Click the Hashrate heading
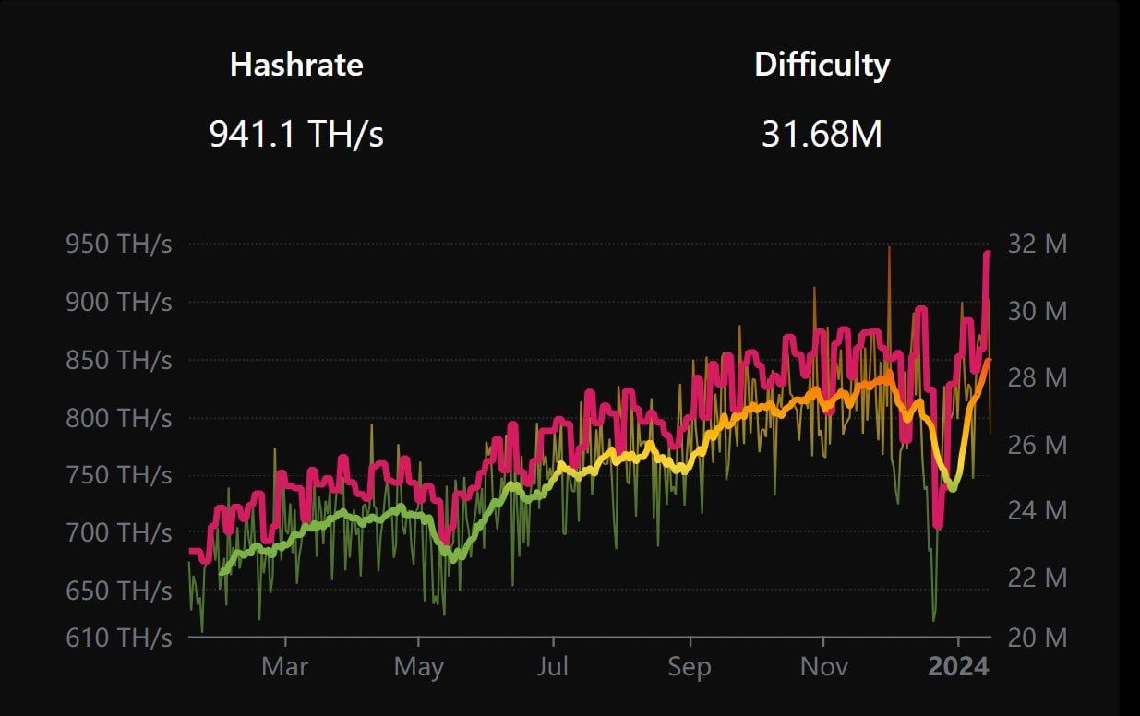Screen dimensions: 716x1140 click(x=296, y=65)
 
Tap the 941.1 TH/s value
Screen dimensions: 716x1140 click(x=296, y=135)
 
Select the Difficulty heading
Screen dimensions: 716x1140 click(x=822, y=65)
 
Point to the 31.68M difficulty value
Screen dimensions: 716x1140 click(x=822, y=135)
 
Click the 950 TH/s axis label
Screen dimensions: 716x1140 click(x=119, y=245)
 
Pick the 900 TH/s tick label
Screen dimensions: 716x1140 click(x=119, y=302)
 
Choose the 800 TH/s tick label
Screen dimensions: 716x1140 click(x=119, y=418)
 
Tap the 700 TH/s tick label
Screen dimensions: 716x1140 click(x=119, y=532)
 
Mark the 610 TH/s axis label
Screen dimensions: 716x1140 click(x=119, y=637)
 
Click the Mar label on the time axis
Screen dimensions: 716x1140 click(x=285, y=667)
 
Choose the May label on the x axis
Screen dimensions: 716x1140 click(x=419, y=667)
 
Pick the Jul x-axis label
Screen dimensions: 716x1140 click(x=553, y=667)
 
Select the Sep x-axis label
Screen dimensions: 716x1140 click(x=689, y=667)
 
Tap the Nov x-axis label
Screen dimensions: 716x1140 click(x=823, y=667)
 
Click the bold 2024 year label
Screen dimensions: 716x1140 click(x=958, y=667)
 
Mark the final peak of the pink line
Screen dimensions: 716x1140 click(x=987, y=252)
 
